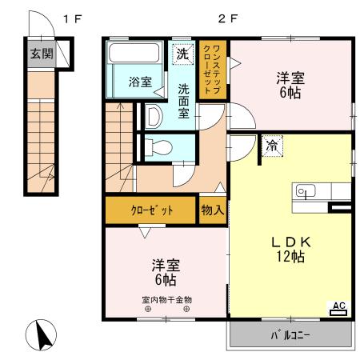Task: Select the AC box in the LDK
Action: point(338,306)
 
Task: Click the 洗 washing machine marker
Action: point(183,54)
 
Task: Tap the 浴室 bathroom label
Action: point(140,81)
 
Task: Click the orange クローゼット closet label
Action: point(152,210)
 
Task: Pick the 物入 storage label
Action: point(212,210)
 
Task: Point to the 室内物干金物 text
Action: point(166,300)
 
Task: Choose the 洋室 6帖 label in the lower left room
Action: point(166,271)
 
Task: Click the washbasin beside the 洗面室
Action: point(155,116)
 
